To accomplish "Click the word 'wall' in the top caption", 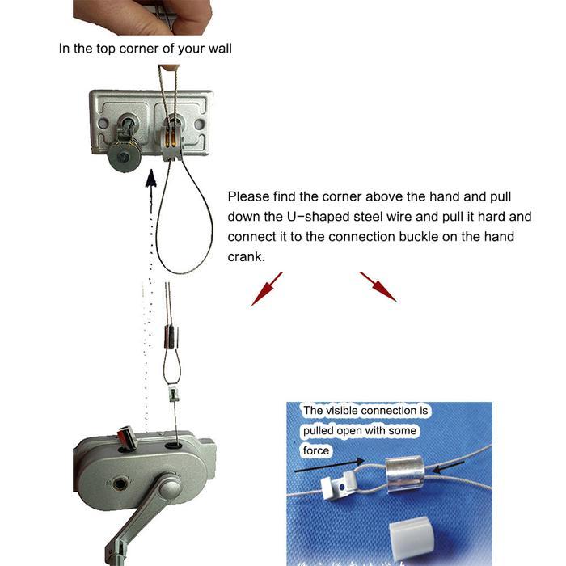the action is [x=219, y=49].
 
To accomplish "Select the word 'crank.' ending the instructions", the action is [x=246, y=256].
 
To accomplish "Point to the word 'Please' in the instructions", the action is [x=249, y=196].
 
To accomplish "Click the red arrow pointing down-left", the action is [x=267, y=289].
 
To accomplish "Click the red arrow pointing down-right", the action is [x=378, y=286].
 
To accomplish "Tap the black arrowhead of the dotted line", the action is [x=151, y=179].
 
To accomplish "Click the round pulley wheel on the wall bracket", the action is [x=124, y=157].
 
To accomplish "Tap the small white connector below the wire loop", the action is [x=174, y=395].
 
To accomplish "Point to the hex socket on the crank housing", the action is [x=118, y=483].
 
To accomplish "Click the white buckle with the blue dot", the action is [x=340, y=485].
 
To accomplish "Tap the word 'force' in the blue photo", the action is [x=316, y=450].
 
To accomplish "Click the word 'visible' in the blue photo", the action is [x=341, y=411].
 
